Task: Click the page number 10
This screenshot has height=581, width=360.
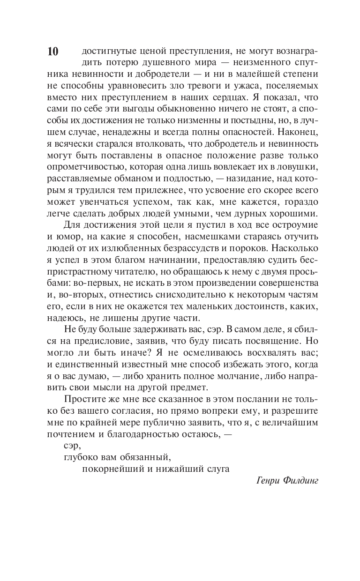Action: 52,52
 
